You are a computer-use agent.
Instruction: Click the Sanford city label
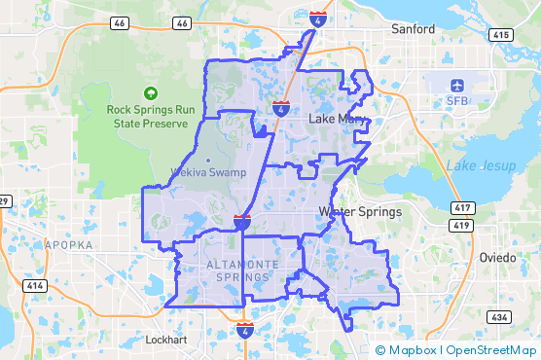coord(413,29)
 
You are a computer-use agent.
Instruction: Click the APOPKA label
coord(69,245)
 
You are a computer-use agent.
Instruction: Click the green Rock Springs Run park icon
coord(151,93)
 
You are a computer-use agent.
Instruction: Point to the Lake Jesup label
coord(474,165)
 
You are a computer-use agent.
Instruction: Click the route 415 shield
coord(501,35)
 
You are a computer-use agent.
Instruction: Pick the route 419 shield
coord(459,226)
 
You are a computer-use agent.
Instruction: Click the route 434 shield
coord(500,317)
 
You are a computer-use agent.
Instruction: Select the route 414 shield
coord(35,286)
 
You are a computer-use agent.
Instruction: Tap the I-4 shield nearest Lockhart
coord(245,332)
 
